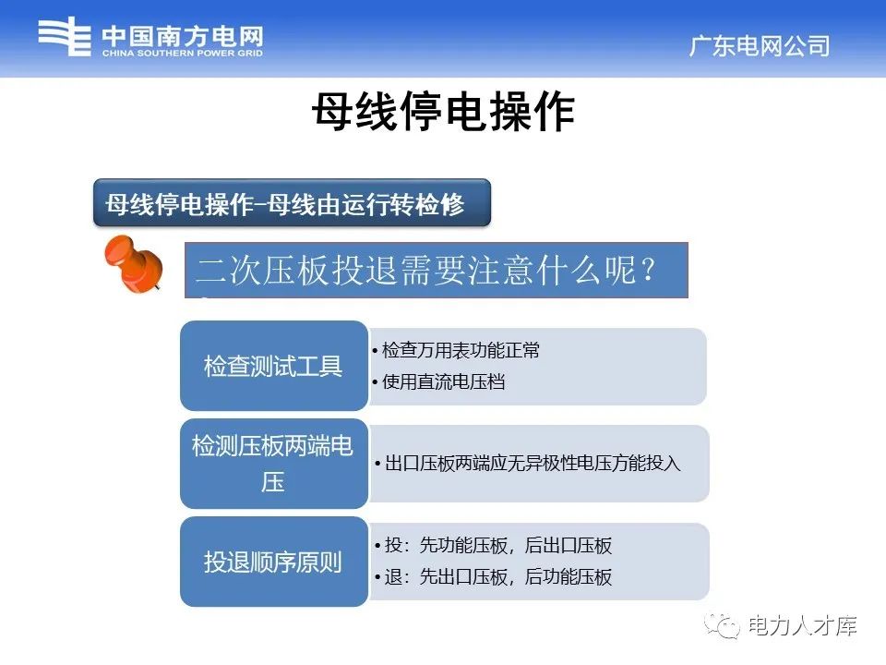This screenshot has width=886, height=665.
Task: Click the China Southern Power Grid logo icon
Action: tap(65, 36)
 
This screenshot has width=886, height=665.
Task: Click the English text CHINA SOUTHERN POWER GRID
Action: tap(183, 54)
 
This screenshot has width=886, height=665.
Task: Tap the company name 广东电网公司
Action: tap(760, 46)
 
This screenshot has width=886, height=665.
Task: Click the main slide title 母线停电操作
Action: tap(444, 112)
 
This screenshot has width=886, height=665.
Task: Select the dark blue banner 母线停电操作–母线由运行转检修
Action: tap(292, 203)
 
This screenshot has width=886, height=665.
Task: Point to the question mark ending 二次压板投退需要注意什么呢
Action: tap(649, 269)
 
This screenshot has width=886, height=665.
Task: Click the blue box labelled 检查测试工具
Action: tap(274, 366)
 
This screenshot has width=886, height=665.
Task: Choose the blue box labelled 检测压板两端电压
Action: tap(274, 464)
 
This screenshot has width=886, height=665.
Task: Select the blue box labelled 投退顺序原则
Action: tap(274, 562)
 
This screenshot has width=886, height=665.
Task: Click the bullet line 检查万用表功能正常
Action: tap(456, 350)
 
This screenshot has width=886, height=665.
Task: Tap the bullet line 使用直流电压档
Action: tap(439, 381)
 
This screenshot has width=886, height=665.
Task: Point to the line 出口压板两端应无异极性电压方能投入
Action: tap(528, 464)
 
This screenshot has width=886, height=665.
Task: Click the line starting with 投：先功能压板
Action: tap(493, 545)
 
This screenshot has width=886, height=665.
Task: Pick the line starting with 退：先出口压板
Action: tap(493, 576)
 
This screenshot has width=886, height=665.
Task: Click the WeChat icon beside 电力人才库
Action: tap(722, 626)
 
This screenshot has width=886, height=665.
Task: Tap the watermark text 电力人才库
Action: tap(802, 626)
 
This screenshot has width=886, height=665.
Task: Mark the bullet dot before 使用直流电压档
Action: tap(376, 382)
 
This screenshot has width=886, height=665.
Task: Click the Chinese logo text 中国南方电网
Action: tap(183, 37)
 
